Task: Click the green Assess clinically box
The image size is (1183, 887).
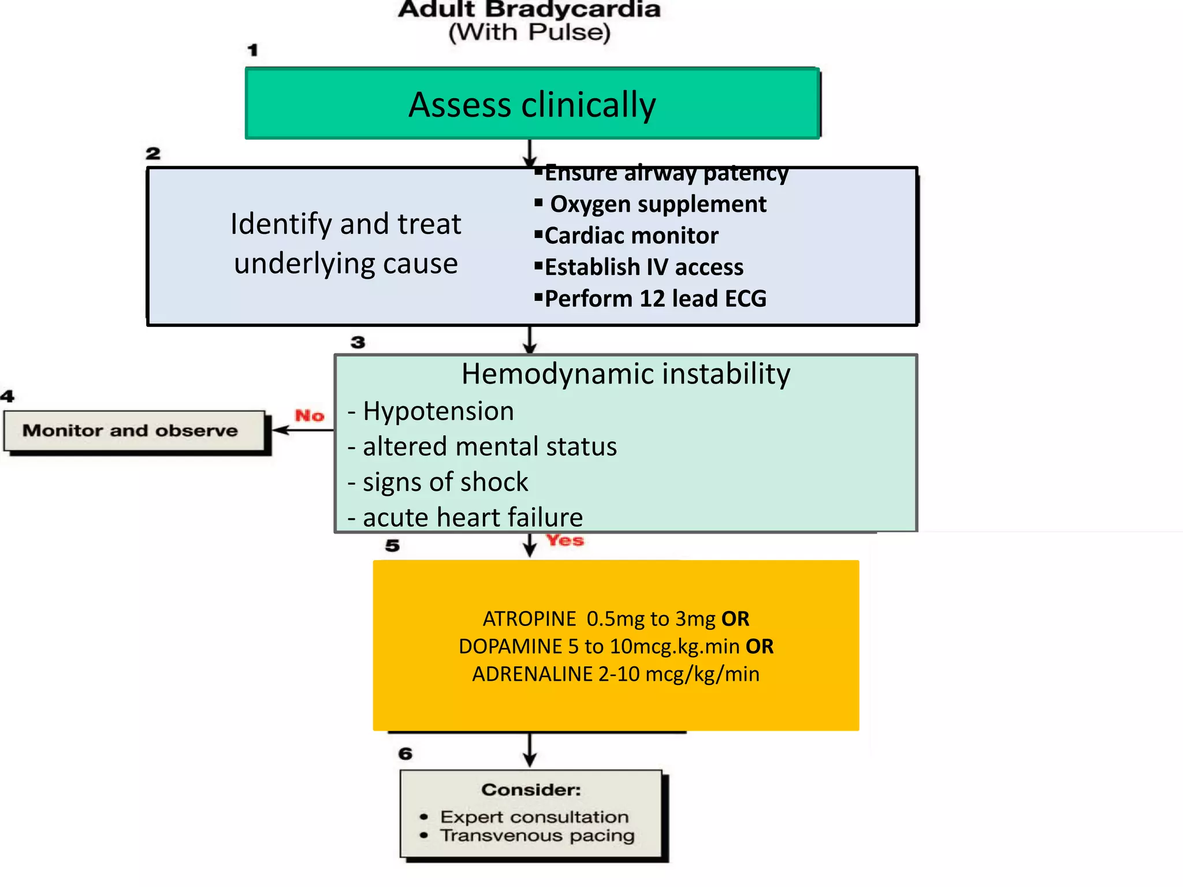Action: click(532, 104)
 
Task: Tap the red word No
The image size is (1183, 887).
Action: click(310, 415)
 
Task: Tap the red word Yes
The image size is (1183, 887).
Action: click(565, 541)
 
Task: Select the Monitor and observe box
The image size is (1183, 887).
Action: click(134, 431)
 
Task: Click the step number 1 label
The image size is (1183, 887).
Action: click(252, 50)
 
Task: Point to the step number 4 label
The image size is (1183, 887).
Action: click(7, 396)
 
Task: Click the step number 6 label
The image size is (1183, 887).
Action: click(406, 754)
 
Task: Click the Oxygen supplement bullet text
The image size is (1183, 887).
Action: click(657, 204)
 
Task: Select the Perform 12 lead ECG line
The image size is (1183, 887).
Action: click(655, 299)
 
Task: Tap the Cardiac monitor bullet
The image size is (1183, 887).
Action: click(631, 236)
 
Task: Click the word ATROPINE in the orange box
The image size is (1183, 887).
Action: click(529, 619)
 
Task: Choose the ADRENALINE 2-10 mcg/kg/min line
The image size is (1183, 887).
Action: click(616, 674)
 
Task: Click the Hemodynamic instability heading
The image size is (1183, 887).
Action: click(626, 374)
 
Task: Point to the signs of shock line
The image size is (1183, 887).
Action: click(444, 482)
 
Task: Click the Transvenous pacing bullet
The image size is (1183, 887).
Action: click(537, 836)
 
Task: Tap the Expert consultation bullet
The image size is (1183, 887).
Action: click(534, 817)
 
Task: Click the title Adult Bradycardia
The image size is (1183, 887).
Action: click(529, 9)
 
